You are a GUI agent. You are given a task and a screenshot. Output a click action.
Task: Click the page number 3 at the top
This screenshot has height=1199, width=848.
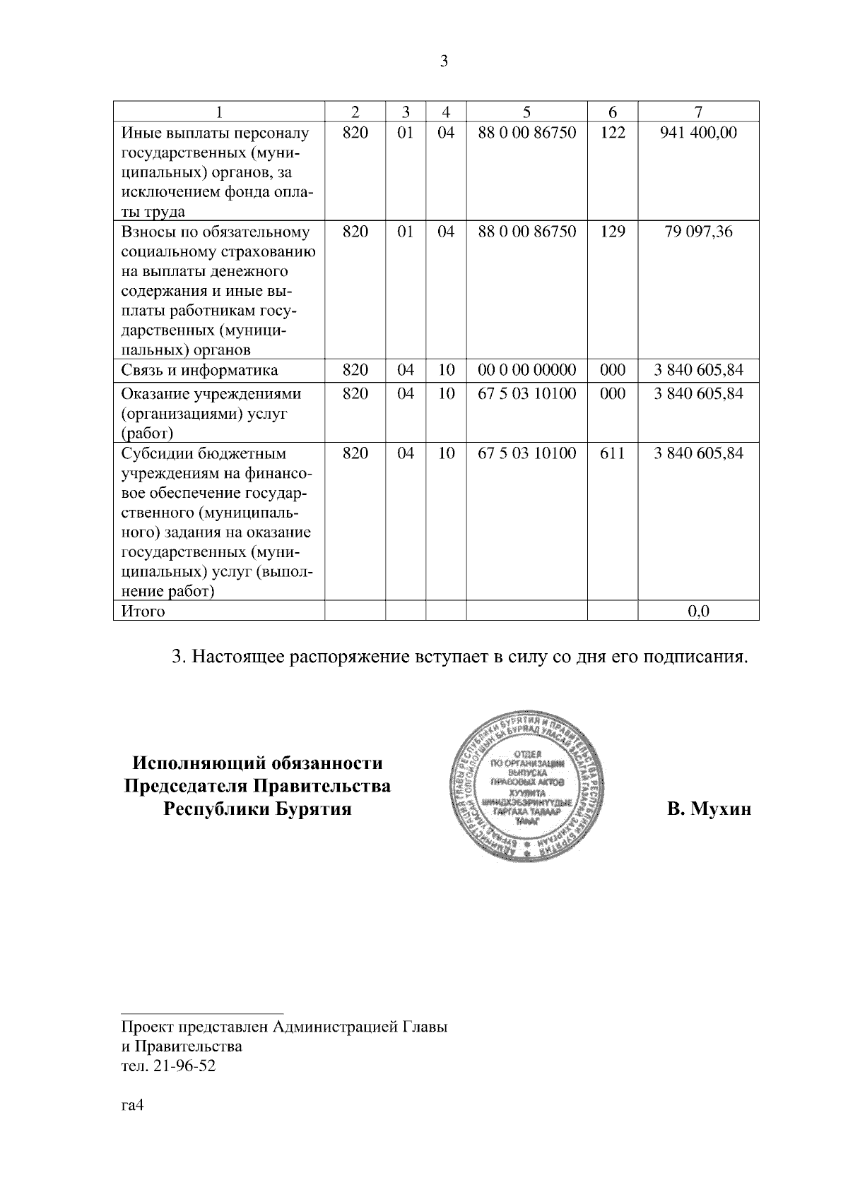(444, 61)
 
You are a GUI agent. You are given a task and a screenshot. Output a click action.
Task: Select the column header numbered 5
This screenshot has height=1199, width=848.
(526, 112)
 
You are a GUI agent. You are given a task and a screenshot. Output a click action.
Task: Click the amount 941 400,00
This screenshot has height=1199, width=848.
(698, 132)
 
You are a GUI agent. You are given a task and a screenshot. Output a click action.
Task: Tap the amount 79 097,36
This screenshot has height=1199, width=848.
(698, 232)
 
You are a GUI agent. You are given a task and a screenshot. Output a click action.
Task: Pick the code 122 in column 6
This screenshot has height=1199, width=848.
(612, 132)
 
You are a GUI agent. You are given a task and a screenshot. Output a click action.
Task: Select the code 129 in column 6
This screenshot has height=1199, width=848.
(612, 232)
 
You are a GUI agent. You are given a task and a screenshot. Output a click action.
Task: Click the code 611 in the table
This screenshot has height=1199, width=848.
(612, 453)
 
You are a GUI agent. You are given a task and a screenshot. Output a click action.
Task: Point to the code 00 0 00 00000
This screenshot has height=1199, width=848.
(526, 370)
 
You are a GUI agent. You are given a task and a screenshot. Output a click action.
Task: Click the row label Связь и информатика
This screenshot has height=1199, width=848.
(200, 371)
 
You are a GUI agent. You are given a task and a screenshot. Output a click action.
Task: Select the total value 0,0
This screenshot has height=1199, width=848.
(698, 612)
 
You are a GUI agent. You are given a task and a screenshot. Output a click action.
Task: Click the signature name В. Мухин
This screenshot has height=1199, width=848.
(709, 809)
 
